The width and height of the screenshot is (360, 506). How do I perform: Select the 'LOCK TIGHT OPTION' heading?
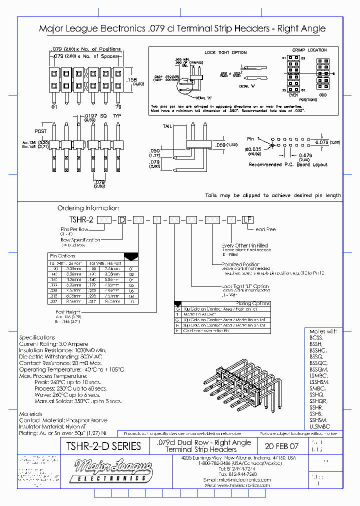(225, 52)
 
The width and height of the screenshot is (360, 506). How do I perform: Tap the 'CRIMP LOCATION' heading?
(309, 50)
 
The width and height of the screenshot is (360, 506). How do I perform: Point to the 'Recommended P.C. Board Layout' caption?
(288, 164)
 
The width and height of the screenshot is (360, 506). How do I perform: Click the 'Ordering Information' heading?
(88, 208)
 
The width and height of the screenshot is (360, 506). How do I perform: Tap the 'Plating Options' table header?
(252, 303)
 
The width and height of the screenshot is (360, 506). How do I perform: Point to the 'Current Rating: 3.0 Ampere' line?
(53, 344)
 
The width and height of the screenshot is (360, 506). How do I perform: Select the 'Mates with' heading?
(323, 331)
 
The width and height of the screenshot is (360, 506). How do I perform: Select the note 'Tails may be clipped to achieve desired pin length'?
(272, 195)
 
